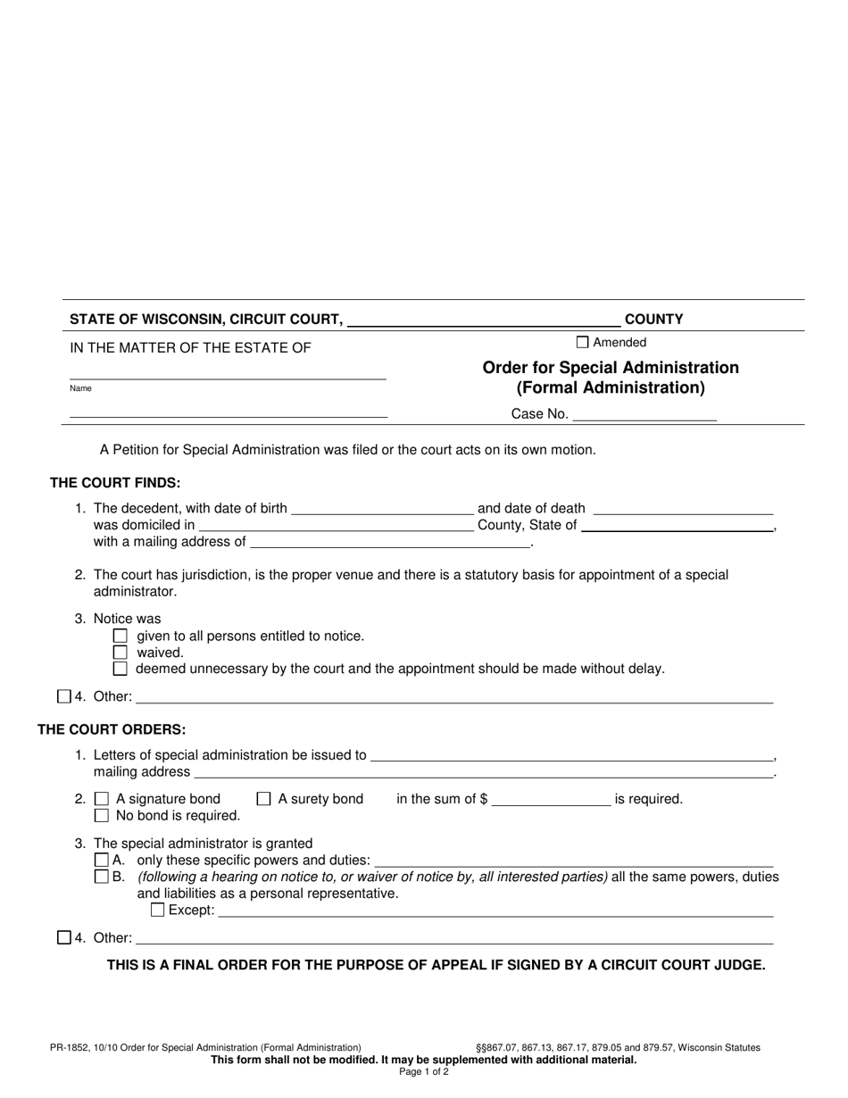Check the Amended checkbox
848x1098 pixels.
(583, 342)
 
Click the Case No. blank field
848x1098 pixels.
(644, 413)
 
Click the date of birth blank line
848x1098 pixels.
(382, 508)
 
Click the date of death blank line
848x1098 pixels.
(683, 508)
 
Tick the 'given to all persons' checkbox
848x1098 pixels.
(121, 636)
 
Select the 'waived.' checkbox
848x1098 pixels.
(121, 653)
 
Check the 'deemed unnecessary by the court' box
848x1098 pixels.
(121, 669)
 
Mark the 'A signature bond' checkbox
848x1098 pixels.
(102, 799)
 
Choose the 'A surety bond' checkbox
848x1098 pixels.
(263, 799)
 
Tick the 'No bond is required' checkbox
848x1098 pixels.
(102, 815)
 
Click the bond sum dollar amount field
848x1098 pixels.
(551, 799)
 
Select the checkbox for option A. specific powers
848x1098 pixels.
(101, 861)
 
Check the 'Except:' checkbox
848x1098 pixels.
(158, 911)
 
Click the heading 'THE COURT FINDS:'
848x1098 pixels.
(115, 483)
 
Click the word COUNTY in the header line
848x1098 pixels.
(653, 319)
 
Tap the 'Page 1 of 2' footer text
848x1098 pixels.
(424, 1072)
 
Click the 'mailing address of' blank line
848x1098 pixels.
(390, 541)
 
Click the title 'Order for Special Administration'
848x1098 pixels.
(611, 368)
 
